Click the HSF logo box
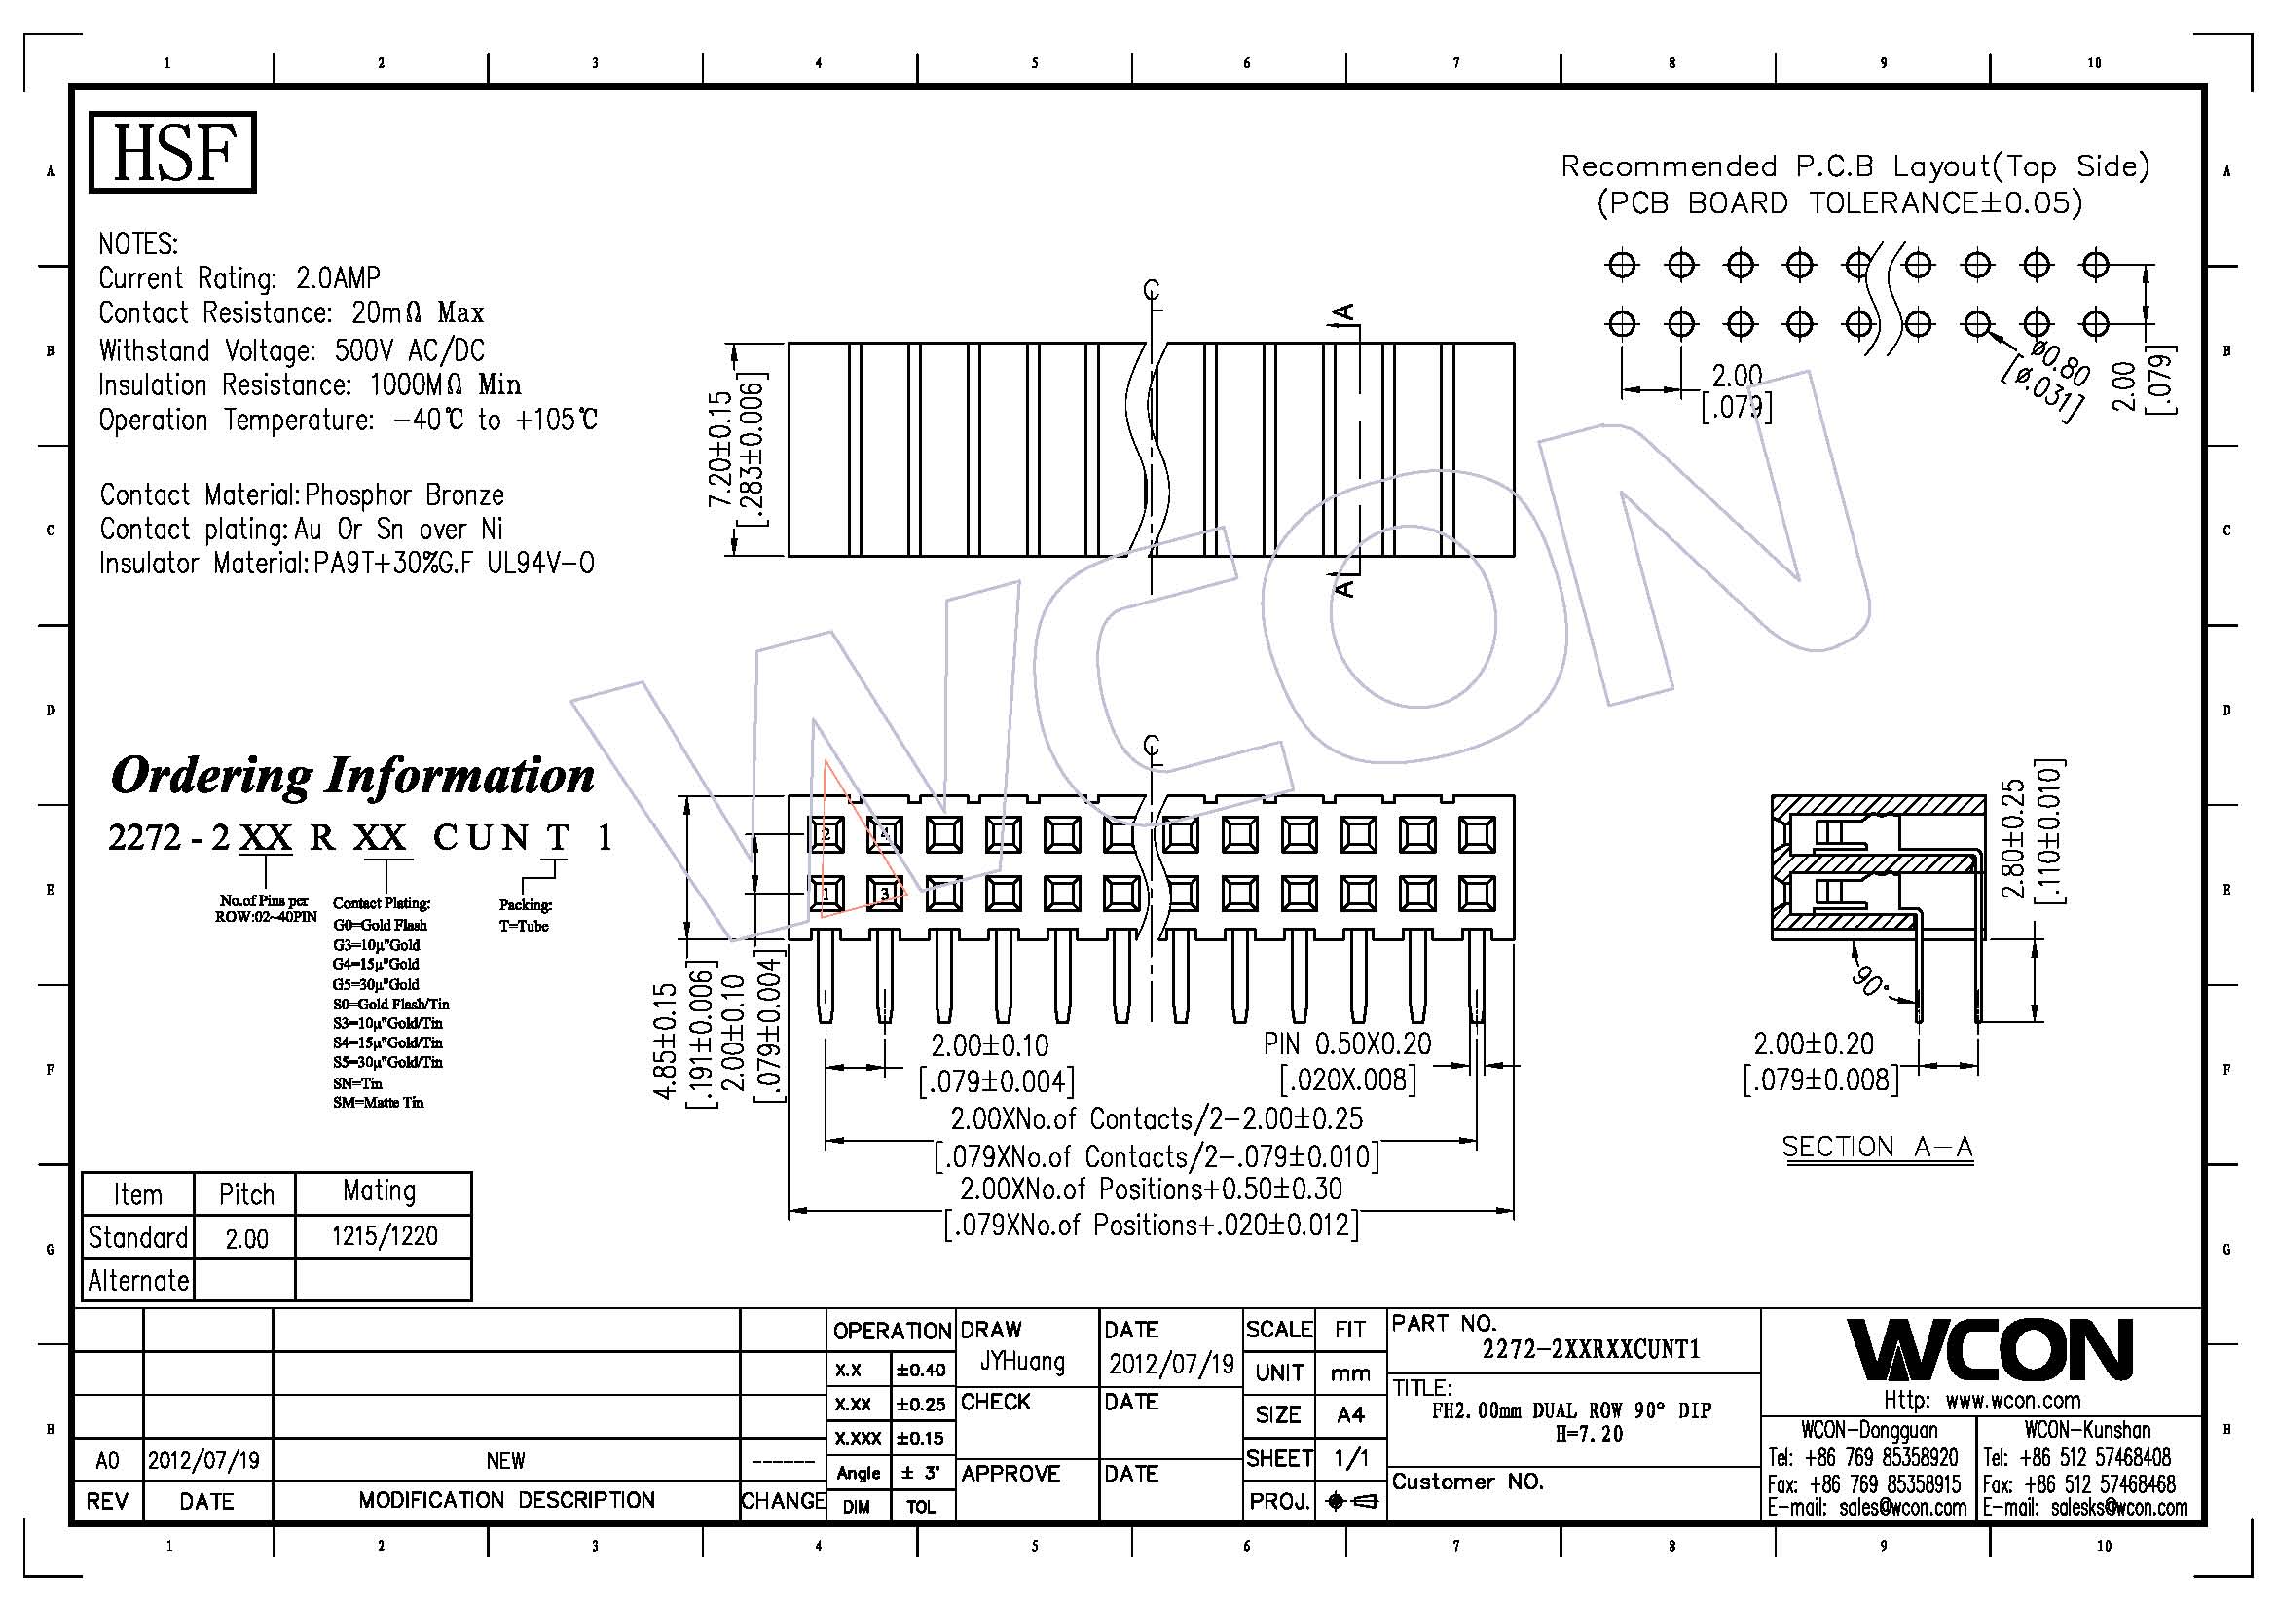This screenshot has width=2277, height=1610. click(x=171, y=152)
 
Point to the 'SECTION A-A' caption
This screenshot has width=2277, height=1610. click(x=1877, y=1147)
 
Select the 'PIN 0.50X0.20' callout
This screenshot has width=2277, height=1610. click(x=1346, y=1043)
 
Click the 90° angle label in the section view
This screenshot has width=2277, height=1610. click(x=1871, y=980)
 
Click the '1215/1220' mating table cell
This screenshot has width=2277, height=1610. click(x=384, y=1236)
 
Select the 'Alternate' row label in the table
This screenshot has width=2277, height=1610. click(x=138, y=1280)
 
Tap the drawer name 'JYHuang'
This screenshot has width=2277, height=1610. click(x=1021, y=1362)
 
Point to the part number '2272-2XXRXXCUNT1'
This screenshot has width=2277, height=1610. click(x=1591, y=1349)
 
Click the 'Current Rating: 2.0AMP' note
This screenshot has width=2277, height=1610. click(x=239, y=277)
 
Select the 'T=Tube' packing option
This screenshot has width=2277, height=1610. click(x=524, y=926)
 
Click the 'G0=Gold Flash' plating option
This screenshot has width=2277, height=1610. click(x=380, y=925)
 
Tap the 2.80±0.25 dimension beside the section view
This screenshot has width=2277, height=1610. click(x=2013, y=839)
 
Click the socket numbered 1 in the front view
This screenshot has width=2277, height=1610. click(x=826, y=895)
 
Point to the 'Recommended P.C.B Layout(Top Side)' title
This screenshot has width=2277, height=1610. click(x=1855, y=166)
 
